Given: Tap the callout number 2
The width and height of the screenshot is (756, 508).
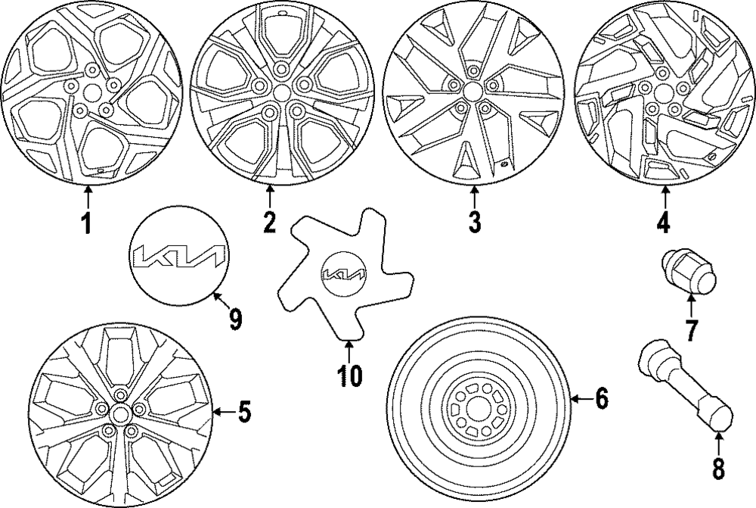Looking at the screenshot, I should [x=269, y=222].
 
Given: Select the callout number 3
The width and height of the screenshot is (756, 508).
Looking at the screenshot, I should [x=474, y=223].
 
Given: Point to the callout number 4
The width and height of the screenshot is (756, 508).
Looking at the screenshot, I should [x=663, y=223].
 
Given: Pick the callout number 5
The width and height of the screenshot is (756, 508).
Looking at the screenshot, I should [x=243, y=413].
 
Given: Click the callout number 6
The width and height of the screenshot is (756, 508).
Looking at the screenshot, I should [x=601, y=398].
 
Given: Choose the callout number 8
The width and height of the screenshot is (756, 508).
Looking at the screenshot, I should [x=717, y=467].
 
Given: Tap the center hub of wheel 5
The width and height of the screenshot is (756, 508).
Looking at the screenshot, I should [x=119, y=413].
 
